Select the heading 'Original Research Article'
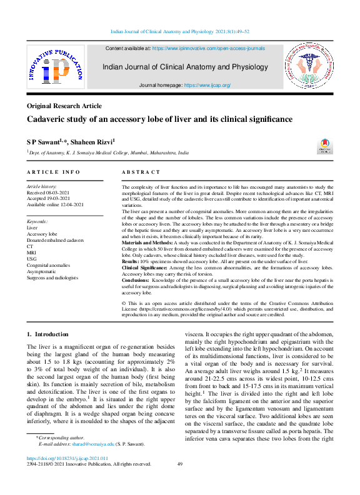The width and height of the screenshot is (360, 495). point(65,106)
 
